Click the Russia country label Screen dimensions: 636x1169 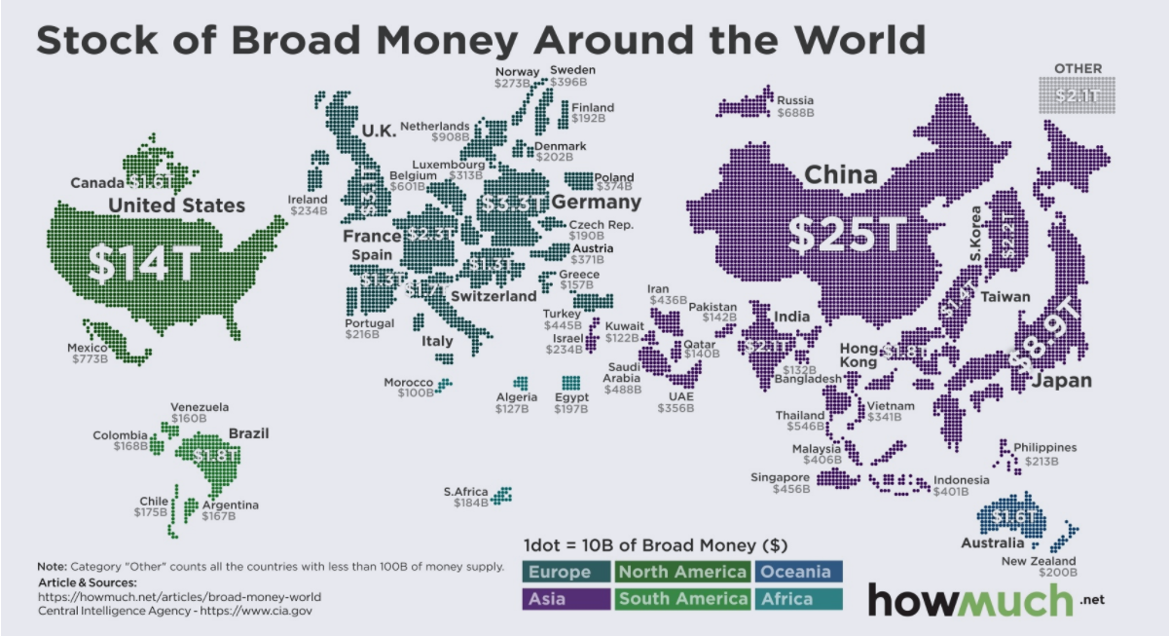(795, 100)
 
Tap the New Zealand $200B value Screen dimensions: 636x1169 (1055, 574)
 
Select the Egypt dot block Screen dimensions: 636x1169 (569, 382)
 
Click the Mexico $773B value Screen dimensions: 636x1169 (90, 359)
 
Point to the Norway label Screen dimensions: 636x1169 (516, 71)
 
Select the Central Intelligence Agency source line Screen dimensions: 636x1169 (175, 611)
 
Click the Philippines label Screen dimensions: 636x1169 (1044, 447)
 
